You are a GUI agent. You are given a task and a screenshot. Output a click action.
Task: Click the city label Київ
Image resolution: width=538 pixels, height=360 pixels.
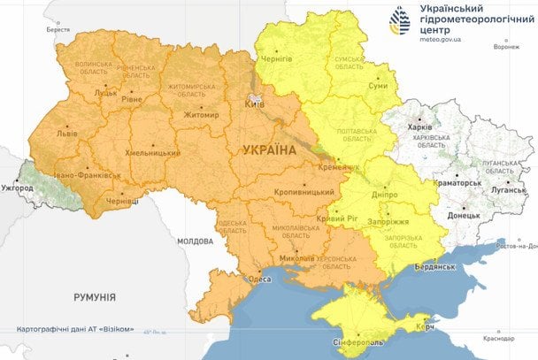point(254,104)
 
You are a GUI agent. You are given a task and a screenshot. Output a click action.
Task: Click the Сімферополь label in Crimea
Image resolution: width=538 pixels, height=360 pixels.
point(356,343)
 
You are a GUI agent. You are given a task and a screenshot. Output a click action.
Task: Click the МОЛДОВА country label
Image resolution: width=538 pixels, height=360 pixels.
point(195,241)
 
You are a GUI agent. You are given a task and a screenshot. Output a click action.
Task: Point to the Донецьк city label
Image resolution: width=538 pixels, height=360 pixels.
point(464,215)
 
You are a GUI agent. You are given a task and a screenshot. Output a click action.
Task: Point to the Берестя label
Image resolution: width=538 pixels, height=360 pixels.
point(58,29)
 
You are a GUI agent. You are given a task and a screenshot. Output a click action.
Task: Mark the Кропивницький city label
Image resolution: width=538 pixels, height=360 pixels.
point(305,191)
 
